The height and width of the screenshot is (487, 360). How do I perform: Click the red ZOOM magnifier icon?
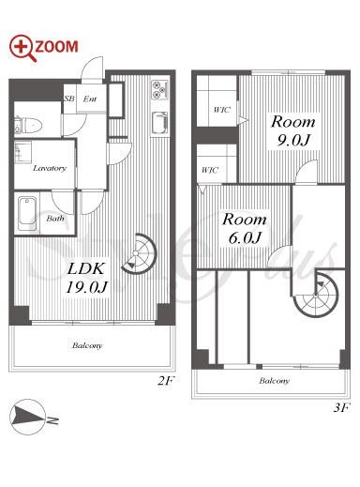click(x=22, y=48)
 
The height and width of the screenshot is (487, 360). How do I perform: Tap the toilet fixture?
click(x=28, y=125)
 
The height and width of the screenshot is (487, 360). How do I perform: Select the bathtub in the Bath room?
click(x=27, y=214)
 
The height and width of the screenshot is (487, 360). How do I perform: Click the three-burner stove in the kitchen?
click(x=159, y=90)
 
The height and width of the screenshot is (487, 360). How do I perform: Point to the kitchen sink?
click(x=159, y=123)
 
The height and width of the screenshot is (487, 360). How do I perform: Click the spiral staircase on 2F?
click(x=139, y=253)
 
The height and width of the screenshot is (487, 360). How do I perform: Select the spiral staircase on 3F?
click(x=316, y=295)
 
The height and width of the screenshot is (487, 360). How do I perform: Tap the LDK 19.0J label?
click(x=86, y=278)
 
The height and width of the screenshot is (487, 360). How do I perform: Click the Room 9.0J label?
click(x=293, y=130)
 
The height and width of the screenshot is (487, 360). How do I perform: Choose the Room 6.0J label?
click(x=245, y=228)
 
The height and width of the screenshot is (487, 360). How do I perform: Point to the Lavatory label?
click(x=50, y=168)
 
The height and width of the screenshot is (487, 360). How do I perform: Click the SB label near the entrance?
click(x=69, y=99)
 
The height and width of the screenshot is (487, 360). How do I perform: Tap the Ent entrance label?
click(x=90, y=99)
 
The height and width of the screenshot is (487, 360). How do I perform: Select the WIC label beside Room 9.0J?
click(x=222, y=110)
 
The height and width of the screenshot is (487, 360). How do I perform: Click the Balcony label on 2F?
click(x=87, y=345)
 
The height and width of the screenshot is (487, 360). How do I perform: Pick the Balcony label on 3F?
click(x=274, y=381)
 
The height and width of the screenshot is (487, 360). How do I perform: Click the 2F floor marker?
click(x=165, y=381)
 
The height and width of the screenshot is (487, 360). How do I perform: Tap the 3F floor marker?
click(x=341, y=407)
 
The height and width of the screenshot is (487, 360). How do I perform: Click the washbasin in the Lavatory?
click(x=22, y=152)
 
